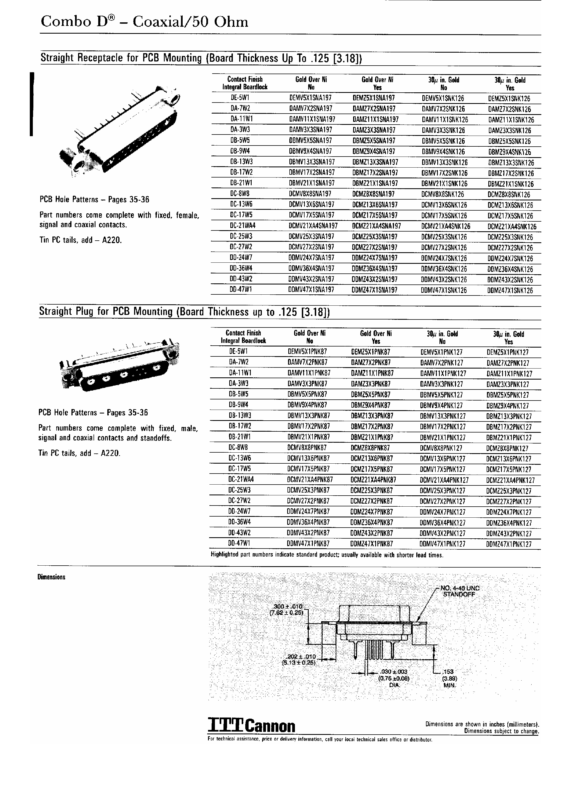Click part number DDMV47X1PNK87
pyautogui.click(x=308, y=544)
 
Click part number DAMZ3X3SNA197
pyautogui.click(x=374, y=130)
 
